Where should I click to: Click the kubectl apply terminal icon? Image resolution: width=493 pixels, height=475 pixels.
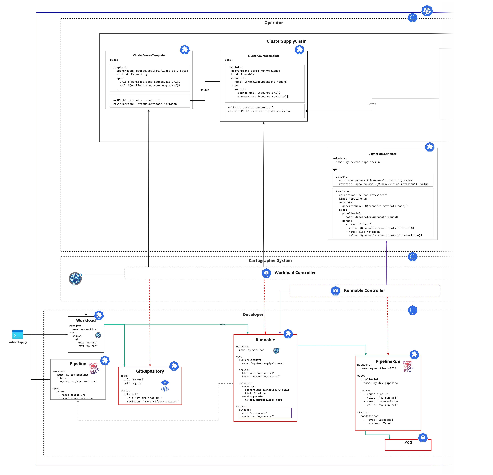pos(18,334)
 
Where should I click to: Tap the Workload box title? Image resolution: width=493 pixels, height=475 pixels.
pos(86,320)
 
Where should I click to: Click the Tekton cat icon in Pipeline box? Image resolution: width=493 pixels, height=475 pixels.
pos(94,368)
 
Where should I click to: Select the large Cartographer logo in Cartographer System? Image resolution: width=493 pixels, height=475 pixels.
pos(75,279)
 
